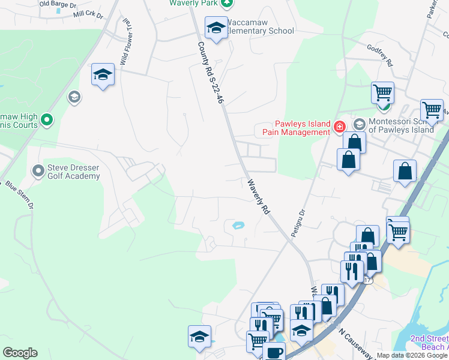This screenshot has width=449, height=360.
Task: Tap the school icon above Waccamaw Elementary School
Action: pos(216,27)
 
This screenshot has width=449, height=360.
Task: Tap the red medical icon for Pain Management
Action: pos(339,126)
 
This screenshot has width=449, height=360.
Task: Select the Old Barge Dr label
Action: pos(58,4)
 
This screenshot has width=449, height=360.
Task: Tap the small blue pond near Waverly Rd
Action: pos(238,226)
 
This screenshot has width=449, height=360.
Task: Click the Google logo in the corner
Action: pos(20,352)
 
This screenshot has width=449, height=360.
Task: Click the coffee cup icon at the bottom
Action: pos(275,353)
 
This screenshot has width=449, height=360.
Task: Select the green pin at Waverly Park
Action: pos(227,4)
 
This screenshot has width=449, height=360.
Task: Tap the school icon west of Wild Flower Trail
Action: pos(103,75)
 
